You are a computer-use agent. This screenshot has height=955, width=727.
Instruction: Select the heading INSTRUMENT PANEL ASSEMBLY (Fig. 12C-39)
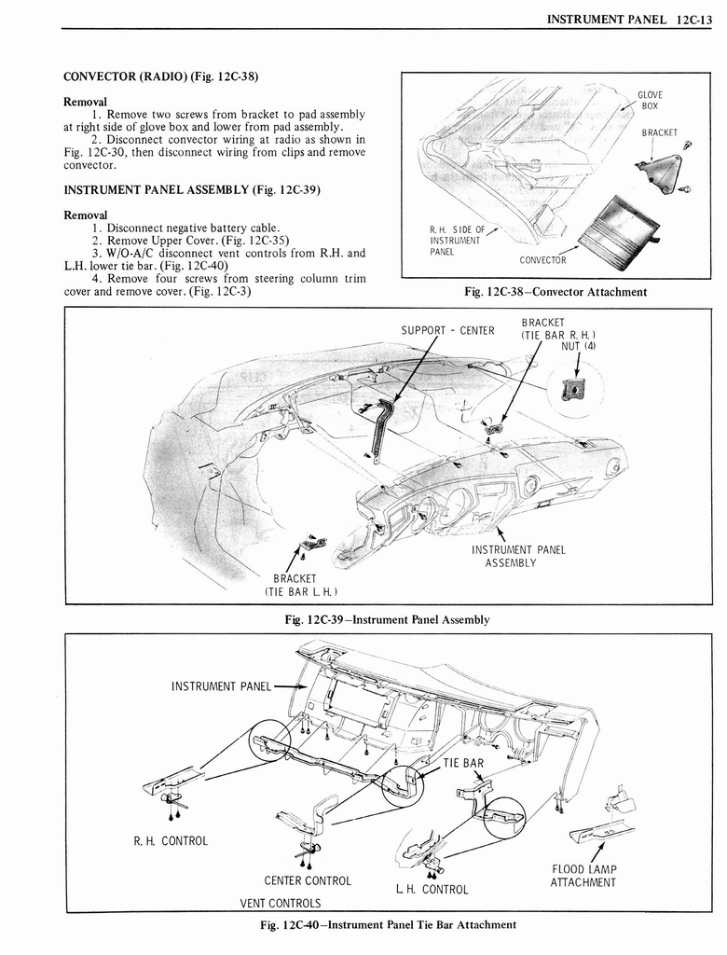click(191, 189)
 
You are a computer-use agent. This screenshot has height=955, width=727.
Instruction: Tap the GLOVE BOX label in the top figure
click(650, 100)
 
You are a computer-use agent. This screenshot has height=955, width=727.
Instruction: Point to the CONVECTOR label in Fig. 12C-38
click(542, 260)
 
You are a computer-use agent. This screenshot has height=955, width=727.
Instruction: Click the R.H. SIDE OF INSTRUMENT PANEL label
click(455, 241)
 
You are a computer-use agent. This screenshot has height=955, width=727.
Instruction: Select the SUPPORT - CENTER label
click(447, 330)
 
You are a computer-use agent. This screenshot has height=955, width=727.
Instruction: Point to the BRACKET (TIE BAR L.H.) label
click(295, 586)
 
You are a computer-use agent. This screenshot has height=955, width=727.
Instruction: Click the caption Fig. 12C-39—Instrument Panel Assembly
click(387, 619)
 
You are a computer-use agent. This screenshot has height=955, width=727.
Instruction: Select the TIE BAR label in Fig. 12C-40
click(463, 763)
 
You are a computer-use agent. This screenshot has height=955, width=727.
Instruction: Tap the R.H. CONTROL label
click(170, 840)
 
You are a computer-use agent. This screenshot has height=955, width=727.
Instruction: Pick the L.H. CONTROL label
click(432, 889)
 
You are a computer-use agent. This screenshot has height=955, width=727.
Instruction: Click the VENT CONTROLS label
click(281, 903)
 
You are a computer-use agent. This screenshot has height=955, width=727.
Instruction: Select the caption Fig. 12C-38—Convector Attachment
click(556, 292)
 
